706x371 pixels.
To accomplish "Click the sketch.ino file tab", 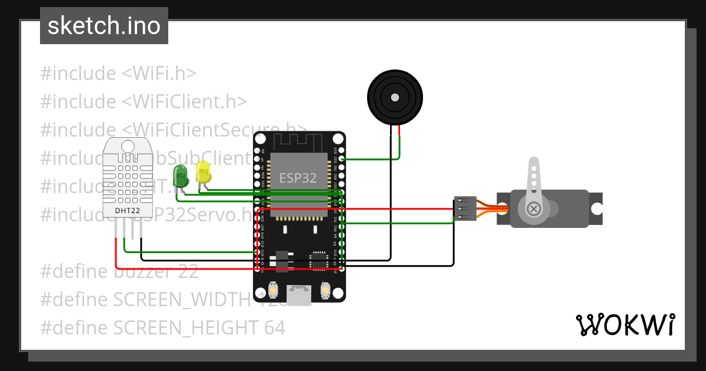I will [104, 26].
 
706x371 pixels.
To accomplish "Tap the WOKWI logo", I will [625, 324].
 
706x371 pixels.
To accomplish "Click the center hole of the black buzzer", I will [395, 97].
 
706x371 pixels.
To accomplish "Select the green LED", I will [180, 175].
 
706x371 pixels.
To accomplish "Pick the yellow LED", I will [203, 171].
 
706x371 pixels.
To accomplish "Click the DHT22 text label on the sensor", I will [126, 210].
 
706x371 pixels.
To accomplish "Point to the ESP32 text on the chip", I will [298, 178].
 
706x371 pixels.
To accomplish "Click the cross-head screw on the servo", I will [534, 208].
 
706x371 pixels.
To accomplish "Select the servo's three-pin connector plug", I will [465, 208].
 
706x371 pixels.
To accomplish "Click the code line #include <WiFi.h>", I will [118, 74].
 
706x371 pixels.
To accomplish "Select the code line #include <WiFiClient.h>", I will [143, 101].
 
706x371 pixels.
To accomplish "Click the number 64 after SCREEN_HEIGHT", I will [273, 327].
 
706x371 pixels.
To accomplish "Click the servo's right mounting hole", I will [597, 208].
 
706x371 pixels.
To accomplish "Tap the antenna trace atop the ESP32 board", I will [299, 142].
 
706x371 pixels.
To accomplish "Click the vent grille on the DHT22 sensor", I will [126, 177].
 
